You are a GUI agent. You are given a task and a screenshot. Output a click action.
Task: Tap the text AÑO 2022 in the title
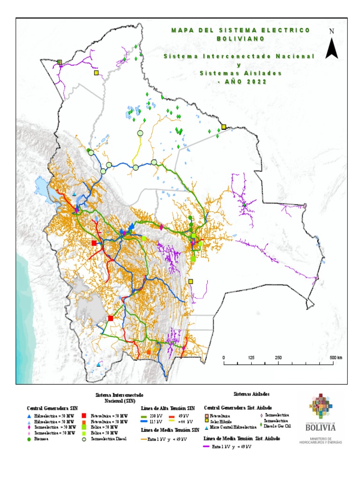coord(242,82)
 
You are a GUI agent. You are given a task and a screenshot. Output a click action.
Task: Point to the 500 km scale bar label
coord(336,358)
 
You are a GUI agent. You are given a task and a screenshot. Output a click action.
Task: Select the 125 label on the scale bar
coord(251,358)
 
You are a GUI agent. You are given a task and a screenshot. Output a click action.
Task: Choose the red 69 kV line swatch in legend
coord(172,416)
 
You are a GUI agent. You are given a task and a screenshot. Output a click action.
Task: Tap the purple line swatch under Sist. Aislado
coord(207,447)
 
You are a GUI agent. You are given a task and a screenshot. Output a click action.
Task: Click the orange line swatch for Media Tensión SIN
coord(144,439)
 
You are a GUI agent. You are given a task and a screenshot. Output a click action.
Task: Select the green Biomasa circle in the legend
coord(29,439)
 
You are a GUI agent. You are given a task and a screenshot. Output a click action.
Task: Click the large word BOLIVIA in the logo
coord(321,427)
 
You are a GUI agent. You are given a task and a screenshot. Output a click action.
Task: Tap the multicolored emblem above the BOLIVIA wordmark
coord(320,407)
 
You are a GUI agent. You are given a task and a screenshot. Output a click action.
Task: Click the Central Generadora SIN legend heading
coord(45,408)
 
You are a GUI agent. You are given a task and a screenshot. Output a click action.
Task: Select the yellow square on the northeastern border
coord(224,127)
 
